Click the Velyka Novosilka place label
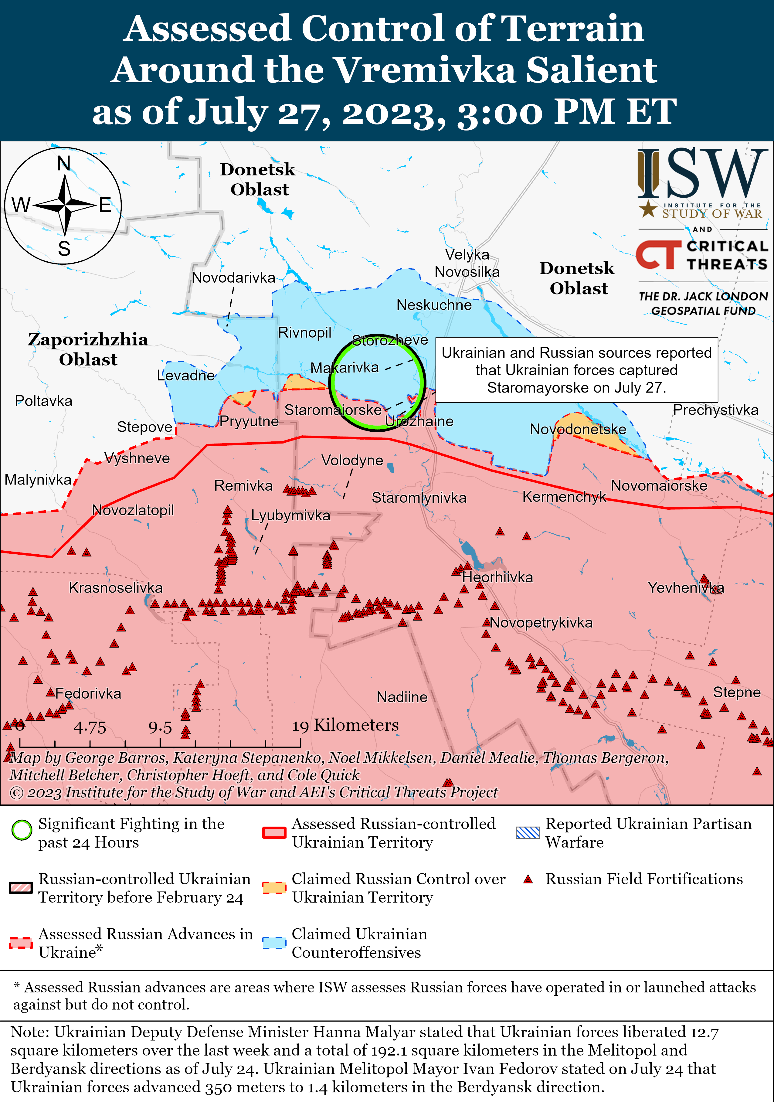click(467, 263)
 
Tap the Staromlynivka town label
click(419, 498)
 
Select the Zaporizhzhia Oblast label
click(88, 349)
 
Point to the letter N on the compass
click(64, 164)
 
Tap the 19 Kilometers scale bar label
click(345, 725)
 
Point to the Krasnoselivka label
click(116, 587)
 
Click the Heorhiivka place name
click(497, 577)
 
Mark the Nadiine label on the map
click(402, 697)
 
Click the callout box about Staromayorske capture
click(576, 369)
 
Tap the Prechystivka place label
click(715, 410)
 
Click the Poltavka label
click(44, 401)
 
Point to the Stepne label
click(737, 692)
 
